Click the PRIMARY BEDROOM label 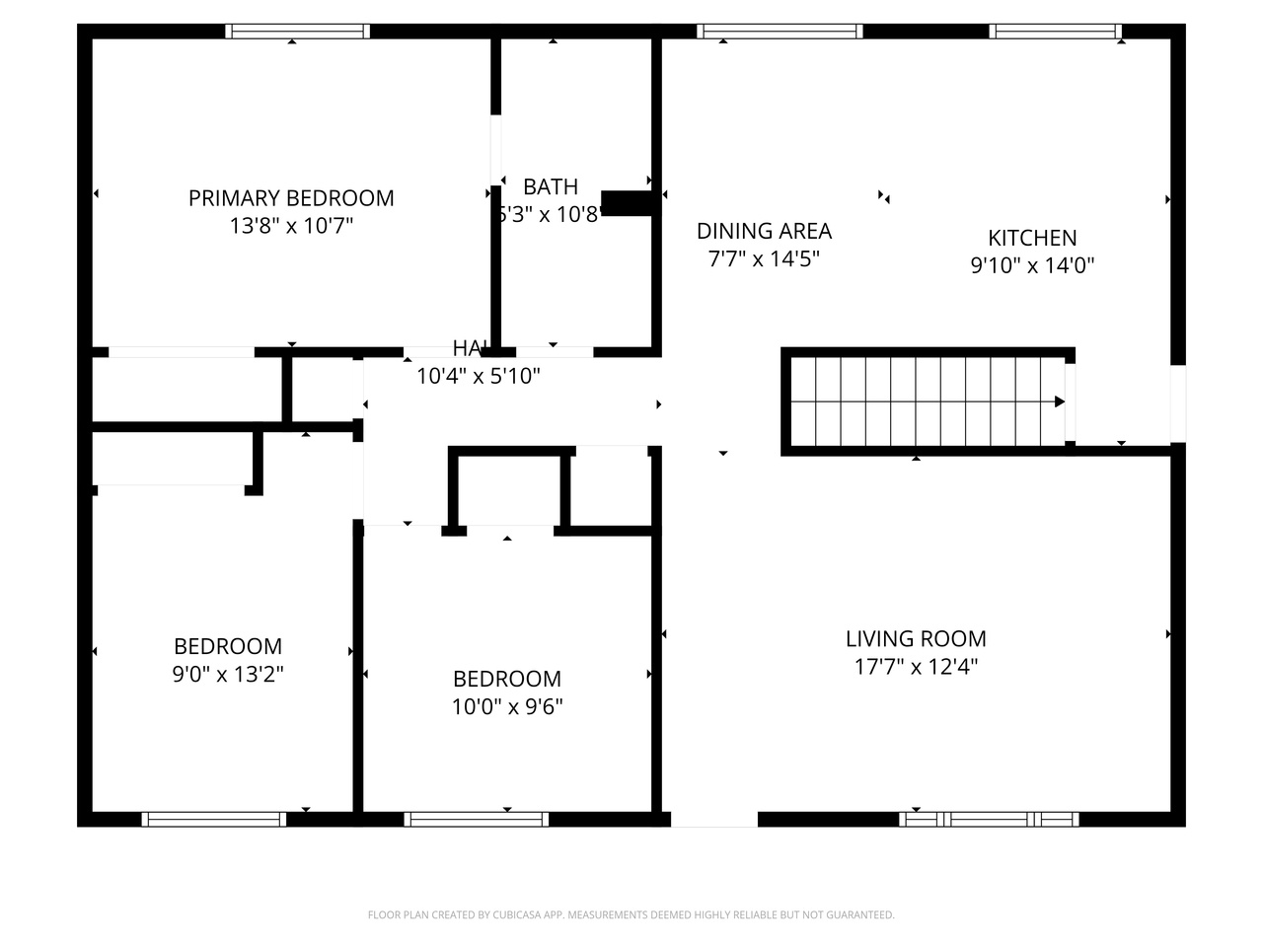click(x=291, y=198)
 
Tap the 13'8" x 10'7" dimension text click(x=291, y=226)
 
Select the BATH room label click(x=551, y=186)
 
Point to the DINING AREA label click(x=764, y=231)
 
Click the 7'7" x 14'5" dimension click(x=764, y=259)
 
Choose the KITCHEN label click(x=1032, y=238)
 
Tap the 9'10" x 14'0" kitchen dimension click(x=1032, y=265)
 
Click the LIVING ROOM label click(x=916, y=638)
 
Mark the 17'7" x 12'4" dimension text click(x=916, y=667)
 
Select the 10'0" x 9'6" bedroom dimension click(x=507, y=707)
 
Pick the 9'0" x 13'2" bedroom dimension click(x=228, y=675)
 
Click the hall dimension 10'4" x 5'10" click(x=479, y=376)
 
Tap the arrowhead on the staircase click(x=1059, y=401)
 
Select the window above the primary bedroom click(x=297, y=31)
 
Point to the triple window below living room click(x=989, y=819)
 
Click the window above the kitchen click(x=1056, y=31)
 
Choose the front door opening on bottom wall click(x=714, y=819)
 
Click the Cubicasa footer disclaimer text click(x=631, y=915)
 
